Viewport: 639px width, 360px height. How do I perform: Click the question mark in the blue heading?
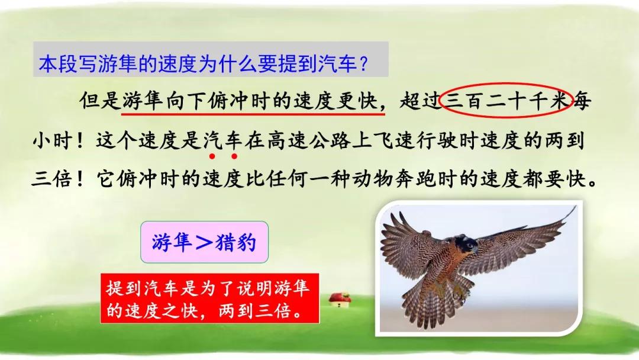click(364, 63)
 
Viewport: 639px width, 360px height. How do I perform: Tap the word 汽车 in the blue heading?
click(338, 63)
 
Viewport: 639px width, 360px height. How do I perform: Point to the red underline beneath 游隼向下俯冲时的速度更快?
click(253, 114)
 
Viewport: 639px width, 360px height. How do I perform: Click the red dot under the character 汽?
click(212, 156)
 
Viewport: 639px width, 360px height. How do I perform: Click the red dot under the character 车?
click(234, 156)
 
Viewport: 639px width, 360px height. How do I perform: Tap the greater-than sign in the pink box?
click(204, 242)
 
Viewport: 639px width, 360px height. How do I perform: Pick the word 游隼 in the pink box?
click(172, 242)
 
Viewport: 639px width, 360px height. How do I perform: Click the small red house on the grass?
click(340, 300)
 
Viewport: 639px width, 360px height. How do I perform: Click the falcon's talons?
click(460, 291)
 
